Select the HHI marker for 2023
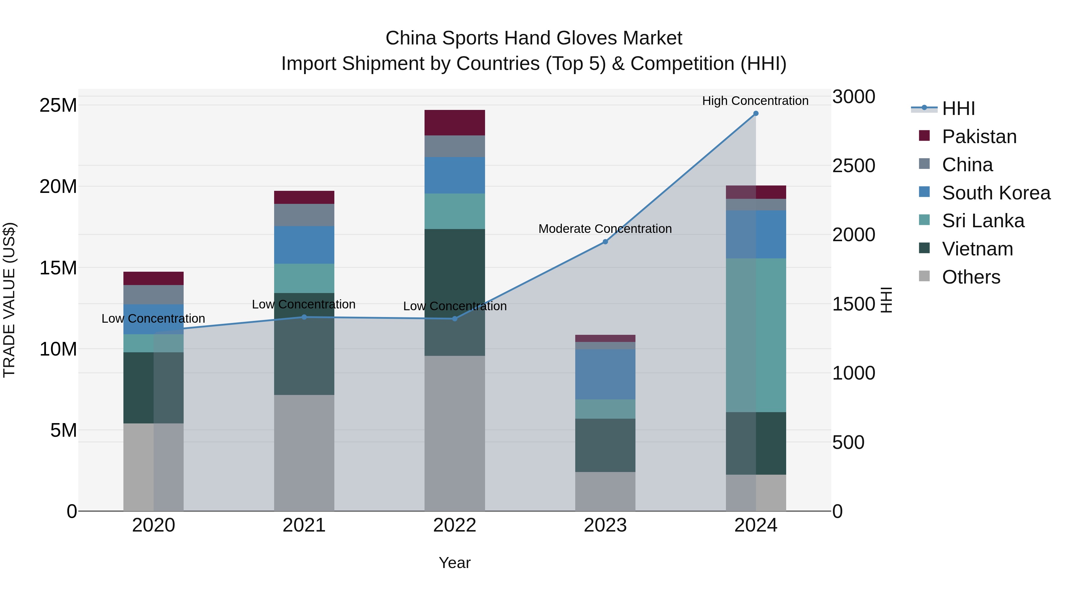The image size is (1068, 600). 605,241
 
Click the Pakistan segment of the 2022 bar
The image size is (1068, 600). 454,123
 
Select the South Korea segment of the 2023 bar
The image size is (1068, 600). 605,374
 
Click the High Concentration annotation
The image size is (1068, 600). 755,101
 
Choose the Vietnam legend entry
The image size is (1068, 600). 977,249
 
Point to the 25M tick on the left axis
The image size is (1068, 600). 58,105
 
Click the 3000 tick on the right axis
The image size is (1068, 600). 854,97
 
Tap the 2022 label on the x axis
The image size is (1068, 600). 454,525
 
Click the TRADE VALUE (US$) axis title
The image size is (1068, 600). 9,300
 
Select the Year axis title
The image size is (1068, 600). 454,563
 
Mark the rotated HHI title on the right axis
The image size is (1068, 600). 886,300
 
